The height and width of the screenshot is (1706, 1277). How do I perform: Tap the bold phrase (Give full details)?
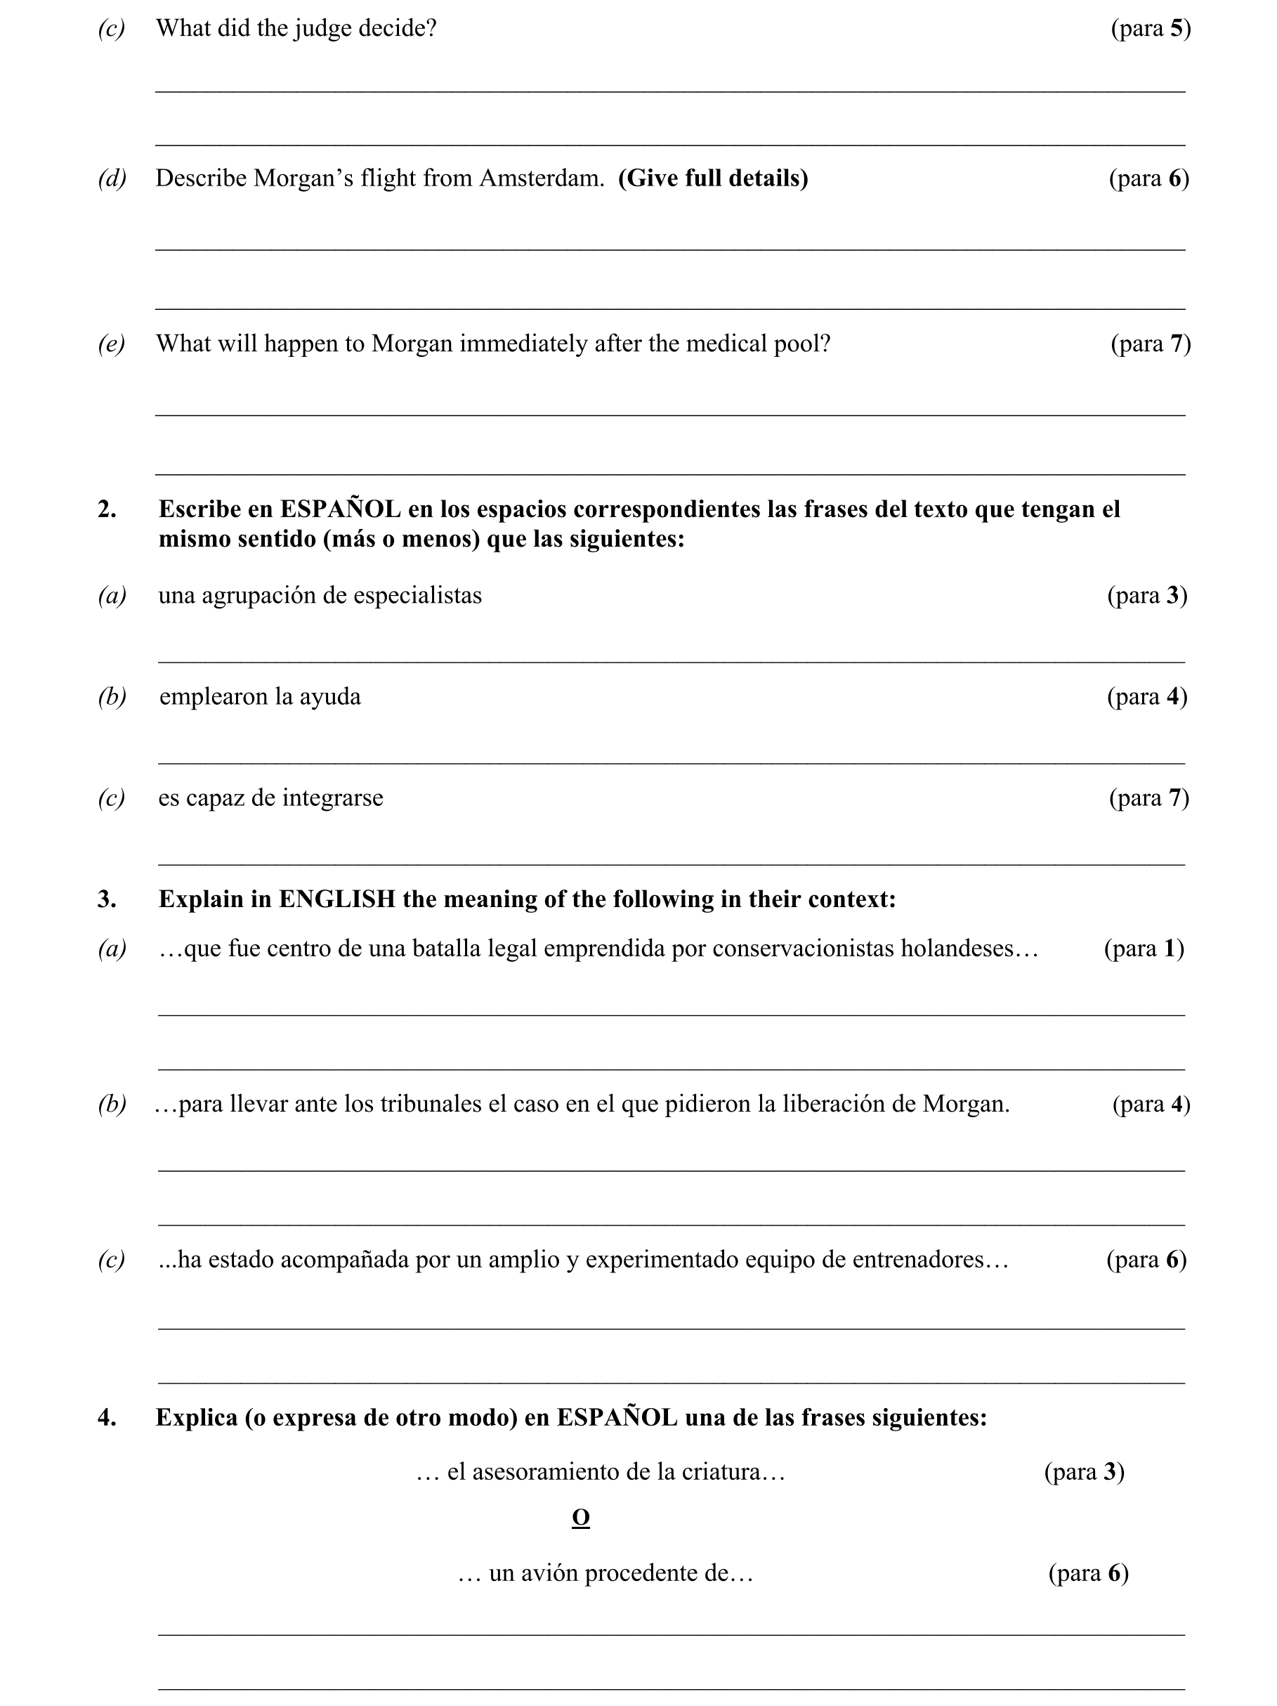pyautogui.click(x=712, y=178)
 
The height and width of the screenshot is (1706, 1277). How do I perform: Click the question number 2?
pyautogui.click(x=107, y=509)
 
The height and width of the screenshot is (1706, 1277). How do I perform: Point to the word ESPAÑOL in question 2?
pyautogui.click(x=340, y=509)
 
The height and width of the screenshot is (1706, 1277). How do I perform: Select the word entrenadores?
pyautogui.click(x=921, y=1261)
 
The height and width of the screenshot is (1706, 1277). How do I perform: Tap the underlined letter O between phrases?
pyautogui.click(x=580, y=1518)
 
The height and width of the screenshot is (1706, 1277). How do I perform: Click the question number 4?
pyautogui.click(x=107, y=1417)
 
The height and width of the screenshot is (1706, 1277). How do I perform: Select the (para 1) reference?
pyautogui.click(x=1144, y=949)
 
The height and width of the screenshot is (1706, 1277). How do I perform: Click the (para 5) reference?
pyautogui.click(x=1150, y=29)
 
